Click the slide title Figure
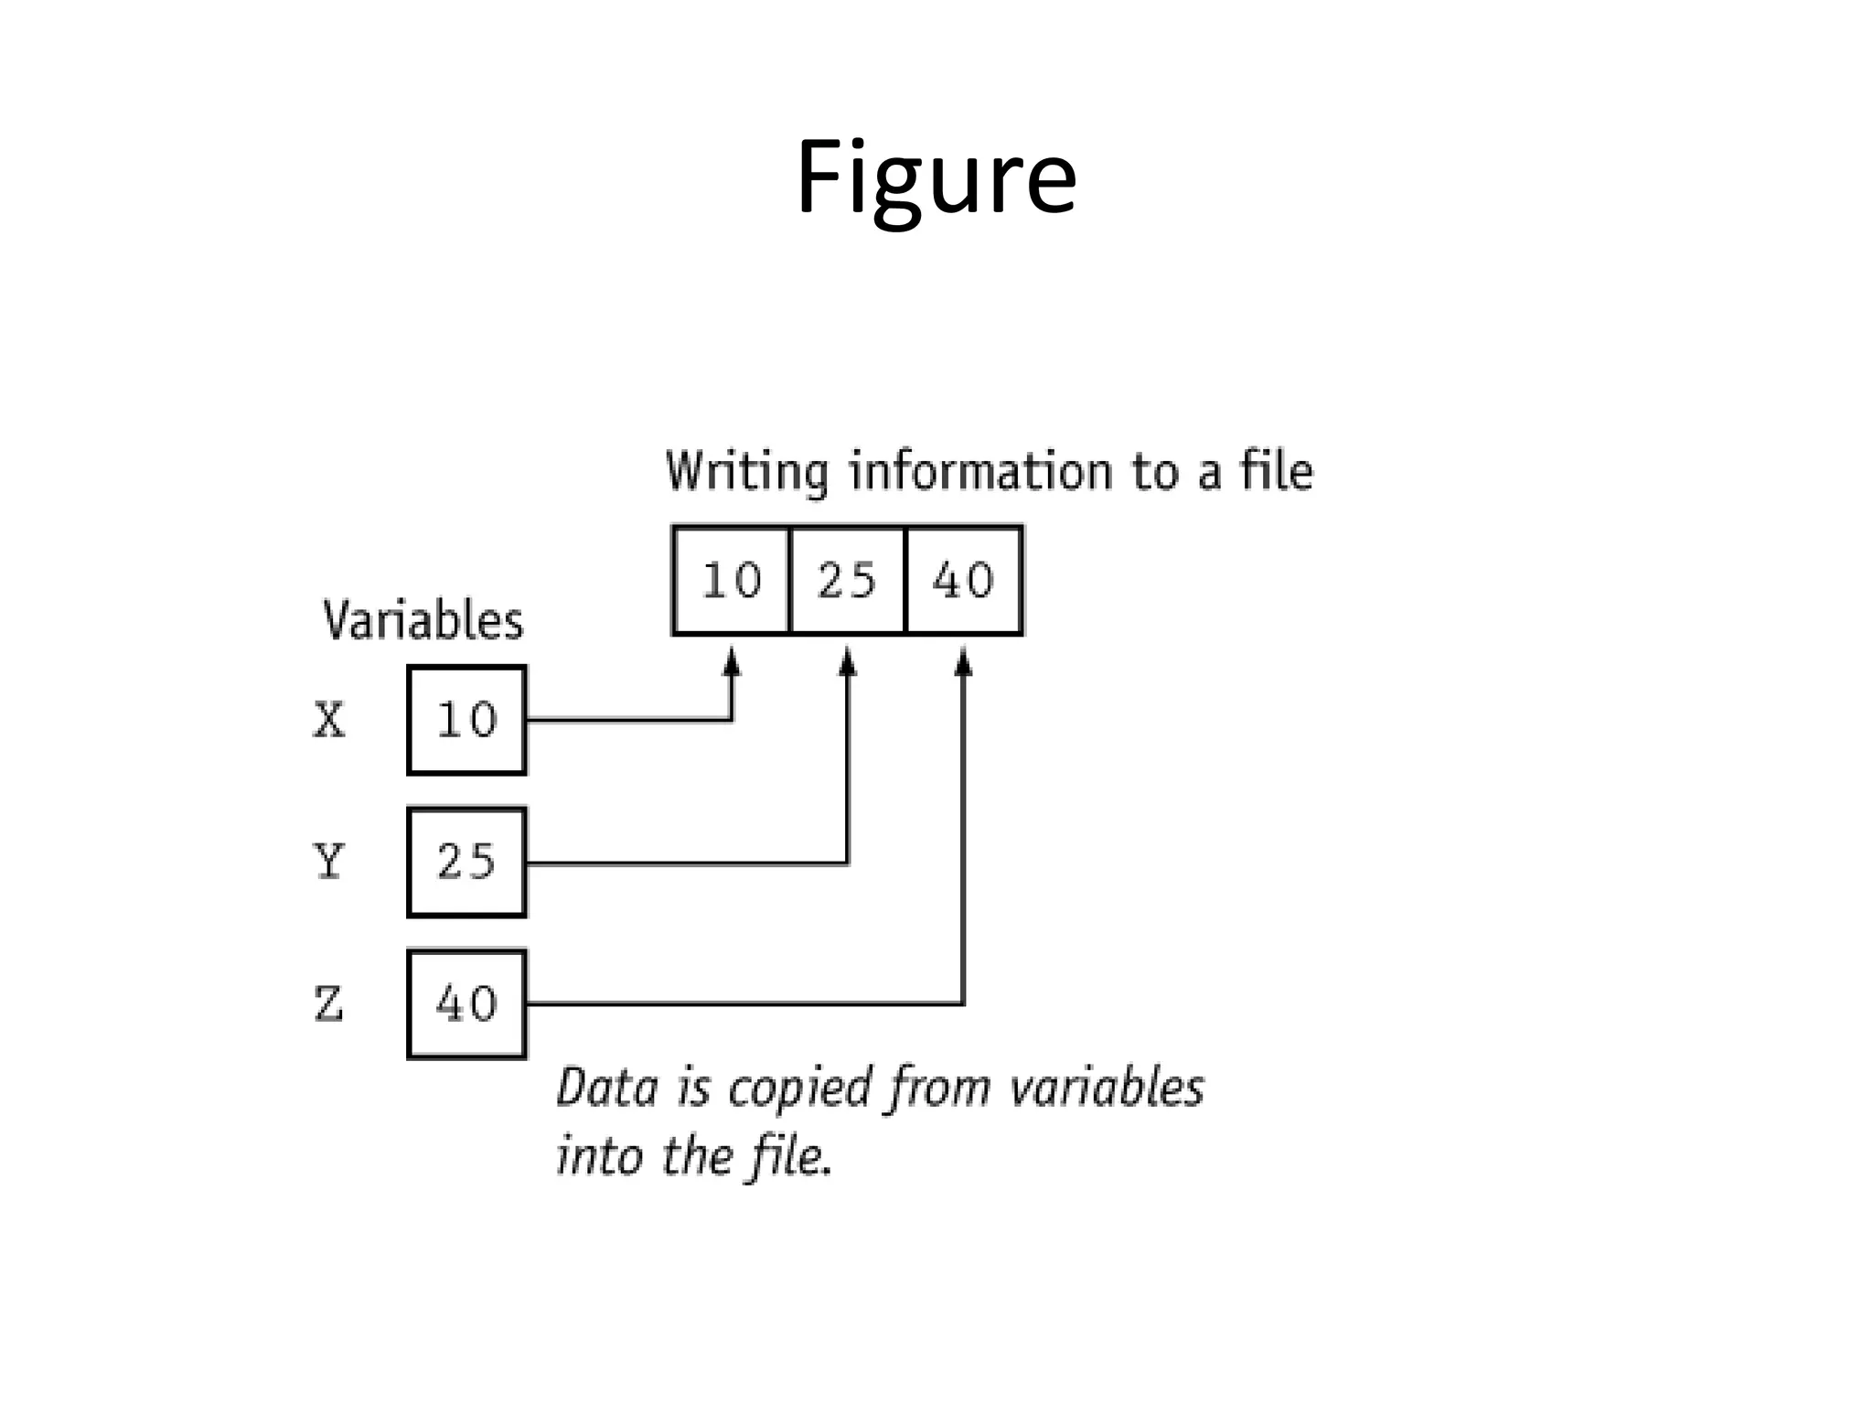(936, 178)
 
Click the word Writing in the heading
(746, 472)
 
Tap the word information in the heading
(979, 472)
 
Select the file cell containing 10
(731, 581)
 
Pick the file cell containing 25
(847, 581)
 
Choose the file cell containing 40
(963, 581)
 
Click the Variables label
(423, 621)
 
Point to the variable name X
(329, 720)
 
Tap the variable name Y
(328, 862)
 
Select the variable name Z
(328, 1003)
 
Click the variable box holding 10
(466, 720)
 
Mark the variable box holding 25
(466, 862)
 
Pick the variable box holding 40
(466, 1003)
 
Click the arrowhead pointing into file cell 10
(731, 660)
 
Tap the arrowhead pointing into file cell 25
(848, 660)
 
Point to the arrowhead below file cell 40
(963, 660)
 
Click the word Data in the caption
(606, 1089)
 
